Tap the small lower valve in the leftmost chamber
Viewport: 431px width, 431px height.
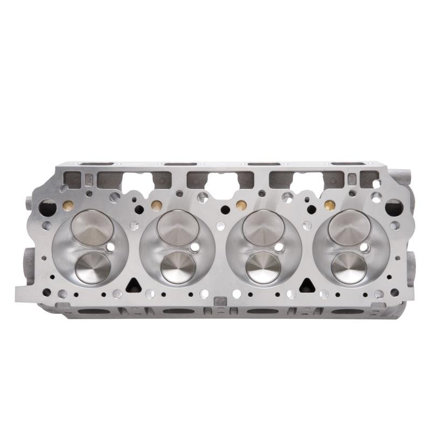pos(93,267)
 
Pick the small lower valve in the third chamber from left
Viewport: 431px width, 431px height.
pos(263,267)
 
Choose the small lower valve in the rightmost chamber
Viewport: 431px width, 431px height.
pos(349,267)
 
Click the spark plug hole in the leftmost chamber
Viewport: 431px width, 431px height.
pos(110,247)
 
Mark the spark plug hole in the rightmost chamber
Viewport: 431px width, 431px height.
pos(365,247)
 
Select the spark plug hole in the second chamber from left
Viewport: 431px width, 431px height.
pos(195,247)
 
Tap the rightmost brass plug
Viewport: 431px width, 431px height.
pos(328,205)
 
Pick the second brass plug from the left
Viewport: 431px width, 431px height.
pos(156,205)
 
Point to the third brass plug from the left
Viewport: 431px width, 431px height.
pos(241,205)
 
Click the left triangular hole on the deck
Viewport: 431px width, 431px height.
pos(133,285)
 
